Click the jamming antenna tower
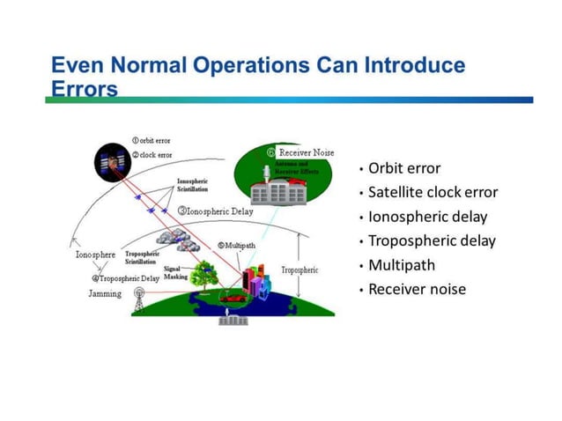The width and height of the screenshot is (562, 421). [138, 300]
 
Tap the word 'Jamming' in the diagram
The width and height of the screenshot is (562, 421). [105, 293]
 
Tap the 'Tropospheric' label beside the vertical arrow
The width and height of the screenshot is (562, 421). [299, 270]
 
